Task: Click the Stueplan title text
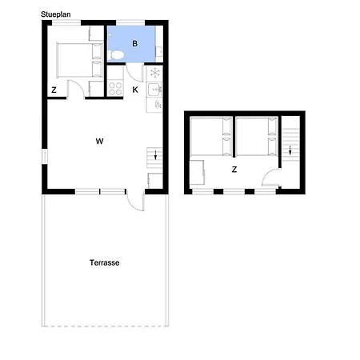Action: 55,14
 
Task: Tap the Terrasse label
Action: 104,262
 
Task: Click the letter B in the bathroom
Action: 135,43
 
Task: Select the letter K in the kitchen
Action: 135,90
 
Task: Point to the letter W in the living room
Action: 99,141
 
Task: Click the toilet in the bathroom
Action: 117,55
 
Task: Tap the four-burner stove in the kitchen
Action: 115,89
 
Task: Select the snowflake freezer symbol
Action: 155,73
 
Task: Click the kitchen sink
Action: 154,89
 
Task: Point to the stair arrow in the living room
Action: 155,155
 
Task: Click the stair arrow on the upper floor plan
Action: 290,150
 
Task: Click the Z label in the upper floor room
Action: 234,170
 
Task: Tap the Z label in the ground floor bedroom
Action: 54,90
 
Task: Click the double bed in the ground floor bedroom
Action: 80,60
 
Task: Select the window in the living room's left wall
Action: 45,156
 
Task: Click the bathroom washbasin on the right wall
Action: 159,51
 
